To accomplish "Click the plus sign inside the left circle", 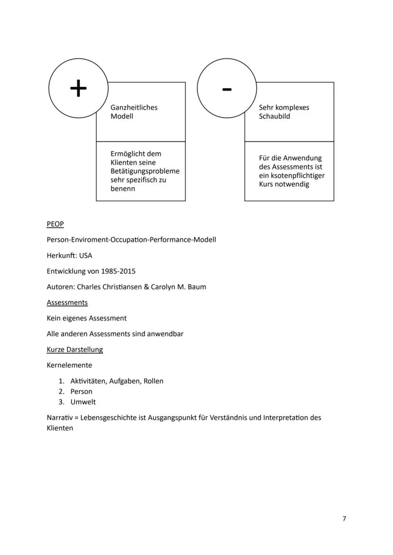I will [78, 88].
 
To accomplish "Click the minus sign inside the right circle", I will [227, 89].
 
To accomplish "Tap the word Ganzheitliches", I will [134, 108].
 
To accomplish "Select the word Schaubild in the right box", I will [274, 116].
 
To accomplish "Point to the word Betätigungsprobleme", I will [145, 171].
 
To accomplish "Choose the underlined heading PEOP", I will [55, 224].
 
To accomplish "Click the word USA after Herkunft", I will [86, 255].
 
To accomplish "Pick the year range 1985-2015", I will [118, 271].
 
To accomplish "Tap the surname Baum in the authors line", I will [198, 287].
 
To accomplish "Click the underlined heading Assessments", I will [67, 302].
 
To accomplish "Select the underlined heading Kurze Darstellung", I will [75, 350].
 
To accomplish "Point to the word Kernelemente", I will [69, 365].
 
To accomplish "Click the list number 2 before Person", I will [61, 391].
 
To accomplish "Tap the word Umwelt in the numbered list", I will [83, 402].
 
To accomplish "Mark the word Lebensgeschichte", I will [105, 418].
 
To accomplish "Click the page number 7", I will [344, 519].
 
